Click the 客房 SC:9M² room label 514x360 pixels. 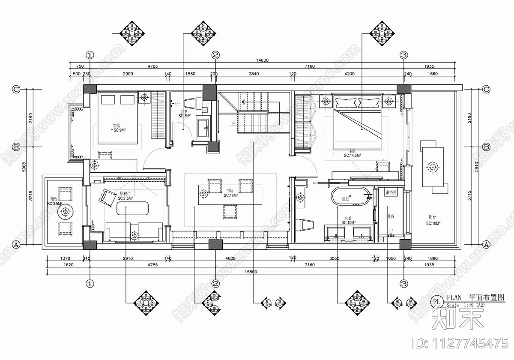[x=119, y=127]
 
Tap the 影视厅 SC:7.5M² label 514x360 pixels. [x=125, y=196]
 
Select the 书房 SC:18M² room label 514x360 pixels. [x=230, y=193]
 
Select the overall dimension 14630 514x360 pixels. [x=262, y=60]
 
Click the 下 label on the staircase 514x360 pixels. [x=233, y=124]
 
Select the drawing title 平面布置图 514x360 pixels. [x=487, y=297]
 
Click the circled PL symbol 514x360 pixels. [x=436, y=302]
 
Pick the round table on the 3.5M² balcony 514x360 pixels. [x=65, y=212]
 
